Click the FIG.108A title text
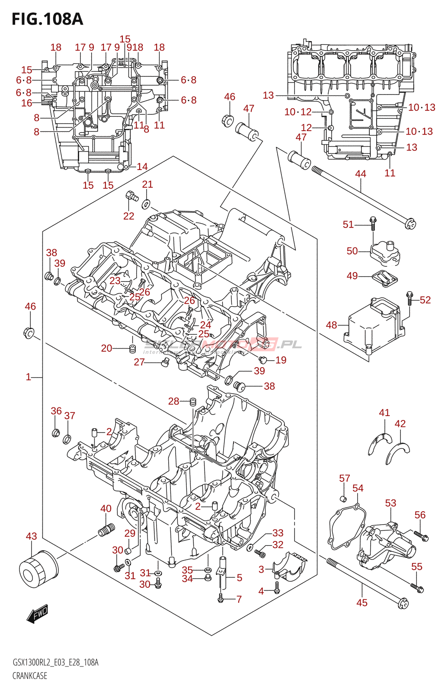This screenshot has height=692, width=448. pos(47,19)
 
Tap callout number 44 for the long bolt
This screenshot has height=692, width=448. pos(360,174)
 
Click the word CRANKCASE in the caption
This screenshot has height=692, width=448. pos(30,676)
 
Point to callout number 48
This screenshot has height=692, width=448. pos(331,325)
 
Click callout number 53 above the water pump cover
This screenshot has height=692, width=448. pos(390,503)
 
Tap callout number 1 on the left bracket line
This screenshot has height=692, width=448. pos(29,377)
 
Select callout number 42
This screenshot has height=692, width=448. pos(400,424)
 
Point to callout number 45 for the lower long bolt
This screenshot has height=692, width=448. pos(362,602)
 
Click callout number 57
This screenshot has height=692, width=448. pos(344,478)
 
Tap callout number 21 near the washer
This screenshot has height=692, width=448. pos(147,185)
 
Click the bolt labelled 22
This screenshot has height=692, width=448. pos(131,196)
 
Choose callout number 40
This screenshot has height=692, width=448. pos(106,509)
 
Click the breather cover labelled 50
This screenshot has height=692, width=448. pos(384,253)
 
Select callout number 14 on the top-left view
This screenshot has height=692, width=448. pos(142,167)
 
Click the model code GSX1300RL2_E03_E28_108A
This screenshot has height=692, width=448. pos(55,663)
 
